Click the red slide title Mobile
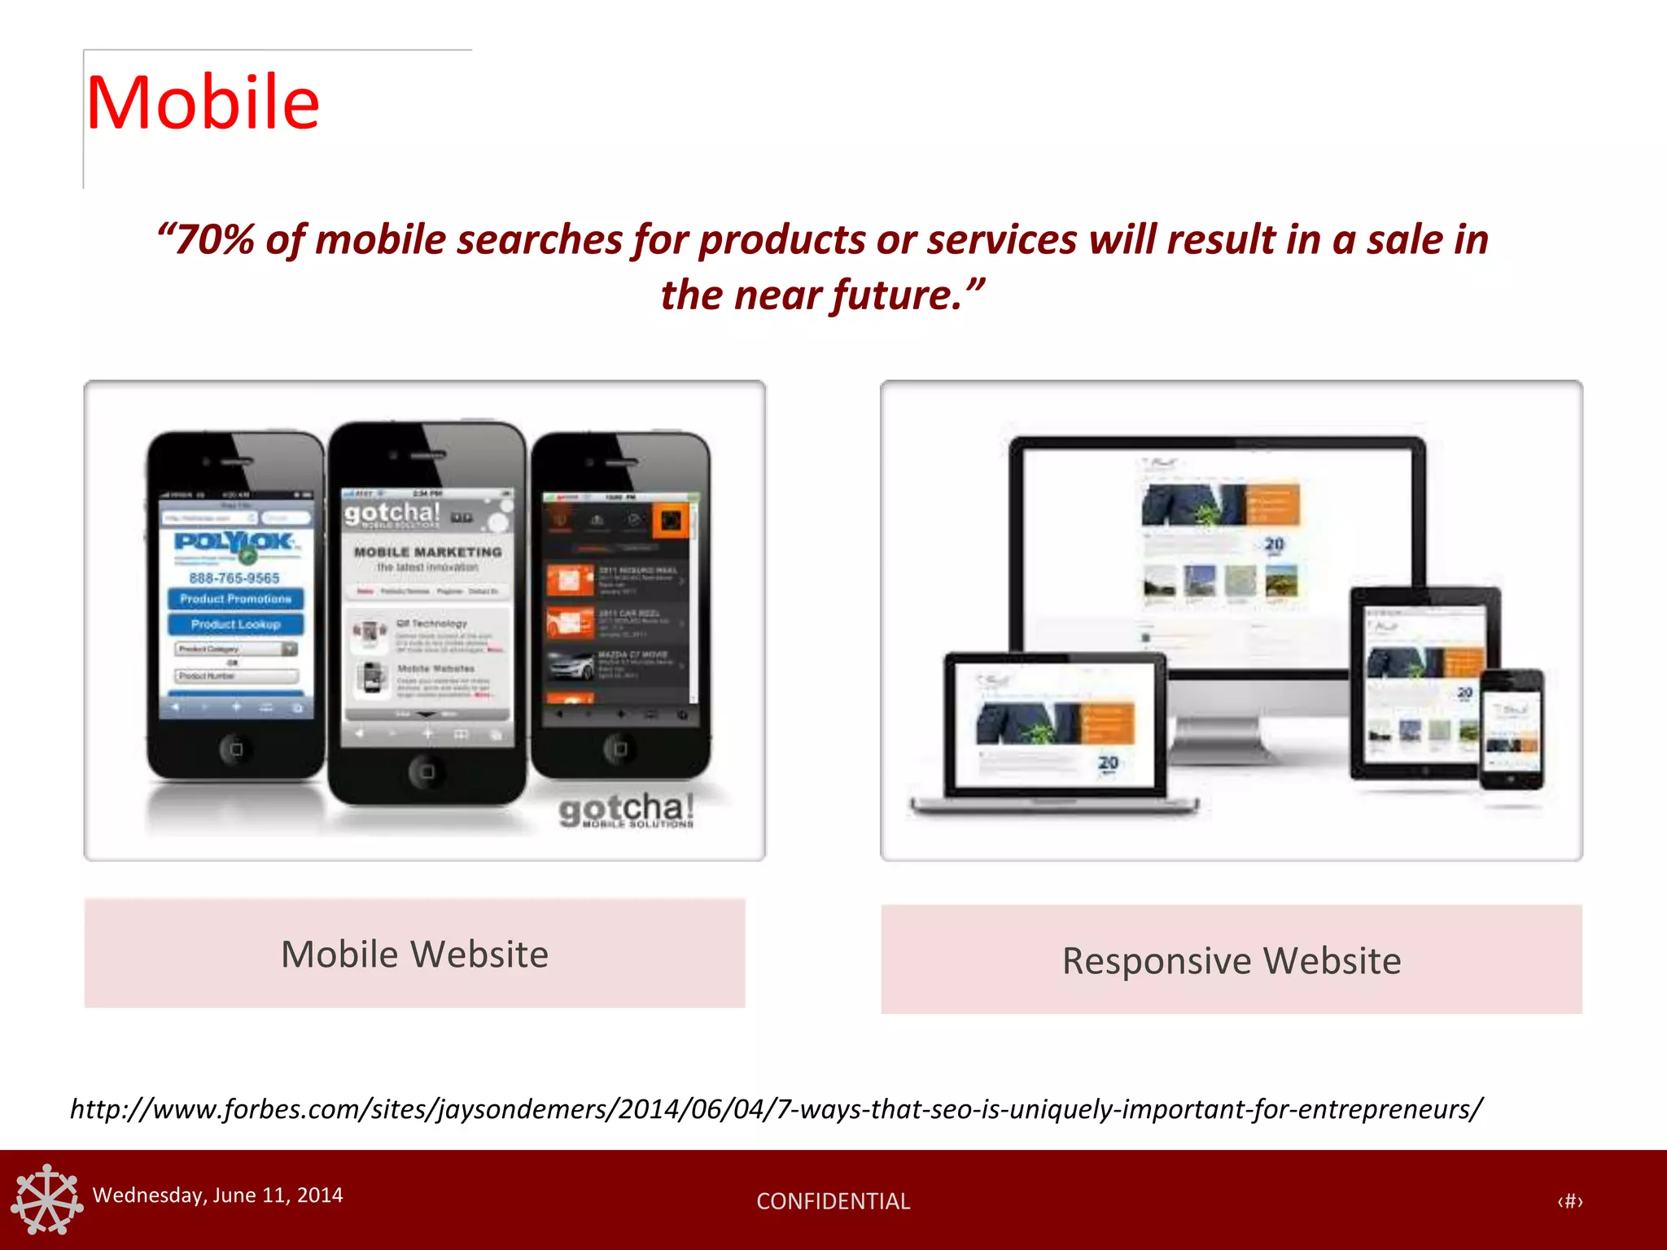click(x=203, y=103)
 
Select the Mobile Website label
click(x=414, y=954)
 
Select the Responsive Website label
click(x=1231, y=960)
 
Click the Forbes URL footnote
click(x=776, y=1109)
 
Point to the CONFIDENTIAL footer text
click(x=833, y=1201)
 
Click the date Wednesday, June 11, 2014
click(x=217, y=1195)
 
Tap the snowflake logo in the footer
click(x=46, y=1200)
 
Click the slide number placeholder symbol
click(x=1569, y=1201)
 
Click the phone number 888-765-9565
click(x=234, y=578)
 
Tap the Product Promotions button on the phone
click(x=235, y=599)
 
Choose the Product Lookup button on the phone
click(x=235, y=624)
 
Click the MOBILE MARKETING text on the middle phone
click(x=427, y=552)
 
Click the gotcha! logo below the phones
click(x=626, y=810)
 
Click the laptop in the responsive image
click(x=1054, y=732)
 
